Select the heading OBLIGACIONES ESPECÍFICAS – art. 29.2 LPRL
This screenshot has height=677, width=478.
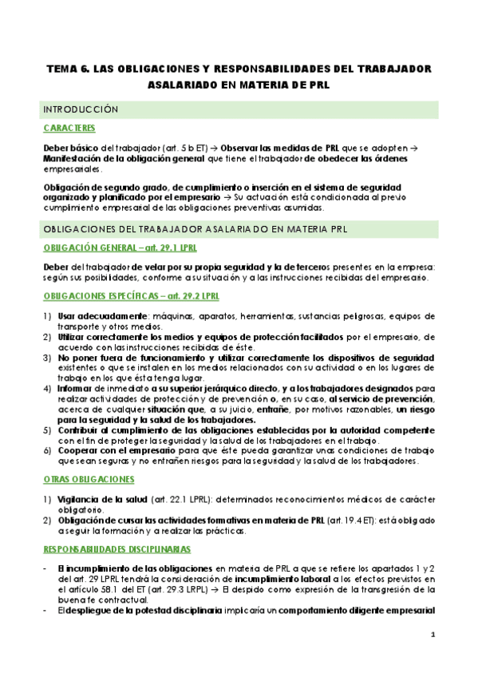[120, 297]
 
